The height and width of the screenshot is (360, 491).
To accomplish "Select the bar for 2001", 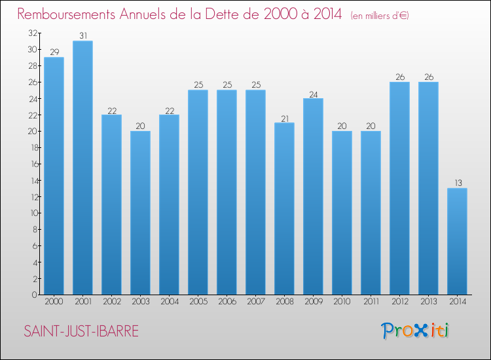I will [82, 168].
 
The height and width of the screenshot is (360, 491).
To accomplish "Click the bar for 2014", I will [457, 242].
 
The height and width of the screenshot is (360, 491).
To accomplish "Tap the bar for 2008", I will [284, 209].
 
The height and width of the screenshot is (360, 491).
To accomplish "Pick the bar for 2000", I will [54, 176].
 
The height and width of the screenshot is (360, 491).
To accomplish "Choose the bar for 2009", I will [313, 196].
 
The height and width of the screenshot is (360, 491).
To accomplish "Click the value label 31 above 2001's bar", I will [82, 36].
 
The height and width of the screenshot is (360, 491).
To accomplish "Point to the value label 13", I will [457, 183].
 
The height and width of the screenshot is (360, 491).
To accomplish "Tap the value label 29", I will [54, 52].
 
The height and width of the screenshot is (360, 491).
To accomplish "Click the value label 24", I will [313, 94].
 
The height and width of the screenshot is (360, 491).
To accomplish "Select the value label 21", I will [284, 118].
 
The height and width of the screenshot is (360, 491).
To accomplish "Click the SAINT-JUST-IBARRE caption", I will [81, 332].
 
